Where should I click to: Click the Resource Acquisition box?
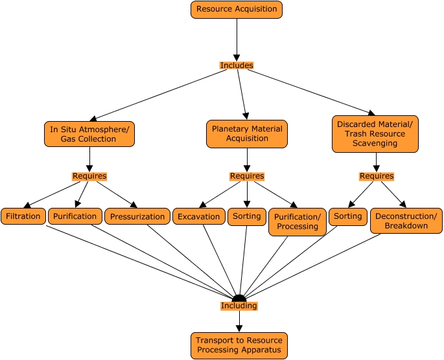pos(237,10)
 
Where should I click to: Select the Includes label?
pos(237,65)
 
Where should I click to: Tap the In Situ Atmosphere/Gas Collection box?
pos(89,134)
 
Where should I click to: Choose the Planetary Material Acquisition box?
pos(247,133)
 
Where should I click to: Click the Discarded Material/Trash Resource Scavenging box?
pos(376,134)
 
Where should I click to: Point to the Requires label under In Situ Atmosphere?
pos(89,176)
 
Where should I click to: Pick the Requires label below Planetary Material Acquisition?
pos(247,176)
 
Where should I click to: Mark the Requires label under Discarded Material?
pos(376,176)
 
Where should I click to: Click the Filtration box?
pos(23,216)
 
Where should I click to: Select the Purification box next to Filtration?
pos(75,216)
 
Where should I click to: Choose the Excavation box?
pos(199,217)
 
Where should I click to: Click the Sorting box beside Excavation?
pos(247,216)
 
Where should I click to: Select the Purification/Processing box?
pos(298,221)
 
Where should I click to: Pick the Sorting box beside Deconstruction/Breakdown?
pos(348,216)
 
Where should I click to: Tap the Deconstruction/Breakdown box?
pos(406,220)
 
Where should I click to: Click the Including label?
pos(239,306)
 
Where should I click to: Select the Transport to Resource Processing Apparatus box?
pos(239,345)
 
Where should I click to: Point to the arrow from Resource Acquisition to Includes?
pos(237,39)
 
